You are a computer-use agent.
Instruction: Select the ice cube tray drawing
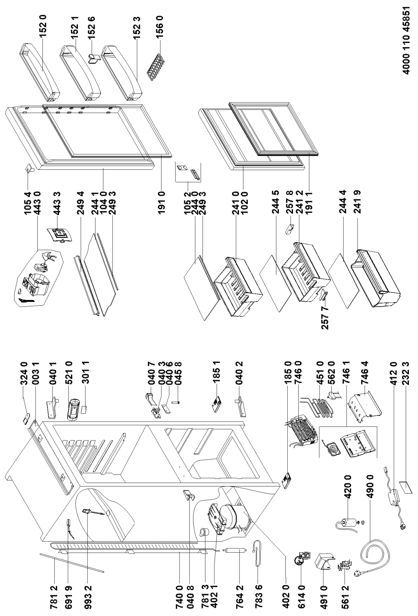point(157,58)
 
